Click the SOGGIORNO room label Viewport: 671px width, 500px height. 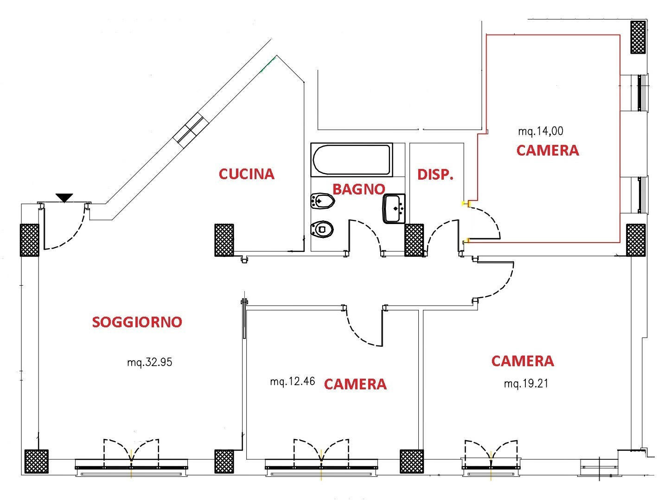(x=137, y=322)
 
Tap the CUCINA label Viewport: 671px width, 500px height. (x=246, y=174)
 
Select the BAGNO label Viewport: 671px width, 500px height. (x=358, y=189)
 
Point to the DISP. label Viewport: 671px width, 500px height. (x=435, y=175)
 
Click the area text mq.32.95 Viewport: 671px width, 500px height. (x=149, y=362)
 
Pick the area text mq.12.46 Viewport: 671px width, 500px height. (x=292, y=381)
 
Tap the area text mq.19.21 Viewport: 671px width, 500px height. (x=526, y=383)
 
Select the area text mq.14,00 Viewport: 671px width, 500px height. (x=540, y=131)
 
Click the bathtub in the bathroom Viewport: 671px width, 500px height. (x=351, y=160)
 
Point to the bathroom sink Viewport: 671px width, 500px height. (x=394, y=209)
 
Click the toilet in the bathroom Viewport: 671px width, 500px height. (x=322, y=229)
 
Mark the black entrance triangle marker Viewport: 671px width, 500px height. (x=64, y=198)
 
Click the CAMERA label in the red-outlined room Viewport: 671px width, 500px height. (x=547, y=150)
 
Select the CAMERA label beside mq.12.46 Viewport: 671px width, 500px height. (x=355, y=384)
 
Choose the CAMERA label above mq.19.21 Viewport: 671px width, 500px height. (x=522, y=361)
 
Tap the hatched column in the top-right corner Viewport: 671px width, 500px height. (x=638, y=37)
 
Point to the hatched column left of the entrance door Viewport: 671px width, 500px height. (x=29, y=240)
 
